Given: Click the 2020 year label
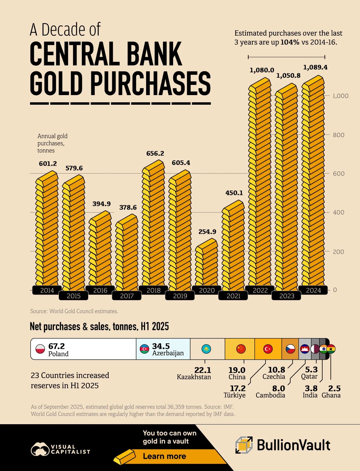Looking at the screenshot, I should click(x=207, y=290).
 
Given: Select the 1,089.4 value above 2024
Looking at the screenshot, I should click(x=315, y=67).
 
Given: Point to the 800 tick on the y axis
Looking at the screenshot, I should click(x=338, y=135).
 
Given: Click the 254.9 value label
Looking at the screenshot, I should click(x=207, y=232).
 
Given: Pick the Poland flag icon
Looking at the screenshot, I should click(x=40, y=349).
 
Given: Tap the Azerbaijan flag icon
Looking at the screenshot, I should click(x=145, y=349).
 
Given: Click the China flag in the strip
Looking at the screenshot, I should click(x=241, y=349).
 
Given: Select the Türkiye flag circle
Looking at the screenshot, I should click(x=268, y=349).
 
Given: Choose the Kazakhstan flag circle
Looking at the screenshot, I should click(x=206, y=349).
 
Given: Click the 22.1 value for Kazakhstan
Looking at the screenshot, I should click(x=203, y=370).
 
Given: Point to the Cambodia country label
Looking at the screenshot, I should click(x=270, y=395).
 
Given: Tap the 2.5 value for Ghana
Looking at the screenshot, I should click(x=334, y=388).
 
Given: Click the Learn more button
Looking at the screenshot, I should click(x=164, y=456).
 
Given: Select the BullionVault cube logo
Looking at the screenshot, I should click(x=244, y=445).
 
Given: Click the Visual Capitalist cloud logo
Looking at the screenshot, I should click(x=40, y=449).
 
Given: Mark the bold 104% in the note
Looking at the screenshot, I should click(x=290, y=42).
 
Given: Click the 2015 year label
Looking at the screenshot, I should click(x=74, y=296).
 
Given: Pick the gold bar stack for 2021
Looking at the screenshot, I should click(x=233, y=246).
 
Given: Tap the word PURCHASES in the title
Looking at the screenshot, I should click(x=150, y=83).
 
